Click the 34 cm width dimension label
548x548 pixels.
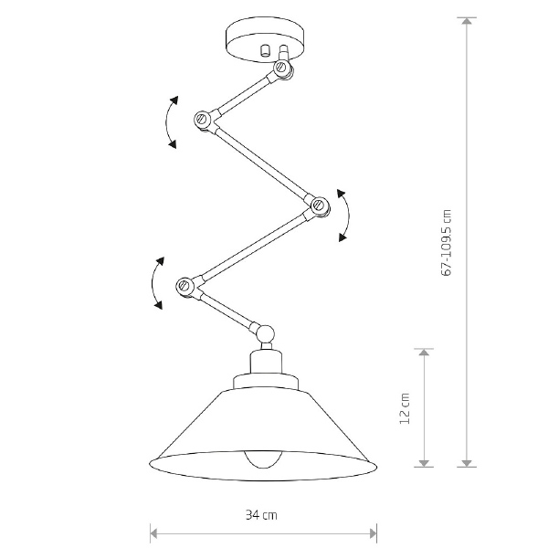coord(261,515)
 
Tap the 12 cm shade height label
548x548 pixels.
coord(404,408)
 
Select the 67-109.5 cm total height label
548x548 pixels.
coord(447,243)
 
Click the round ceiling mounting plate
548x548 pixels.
coord(264,41)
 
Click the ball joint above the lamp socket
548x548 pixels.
coord(266,333)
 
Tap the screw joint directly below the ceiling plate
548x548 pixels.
coord(283,68)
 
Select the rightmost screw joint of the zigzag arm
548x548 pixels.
coord(320,205)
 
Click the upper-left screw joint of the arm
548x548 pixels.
coord(202,119)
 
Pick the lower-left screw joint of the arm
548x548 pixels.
coord(184,286)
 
